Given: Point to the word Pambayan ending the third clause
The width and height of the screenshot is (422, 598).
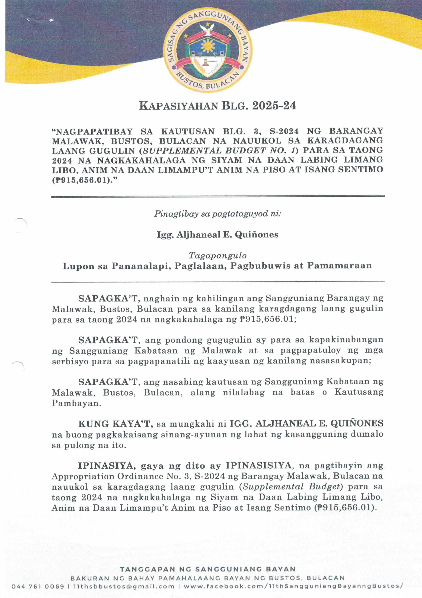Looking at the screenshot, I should click(76, 403).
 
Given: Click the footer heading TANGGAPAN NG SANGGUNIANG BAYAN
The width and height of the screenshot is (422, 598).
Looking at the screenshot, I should click(208, 569).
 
